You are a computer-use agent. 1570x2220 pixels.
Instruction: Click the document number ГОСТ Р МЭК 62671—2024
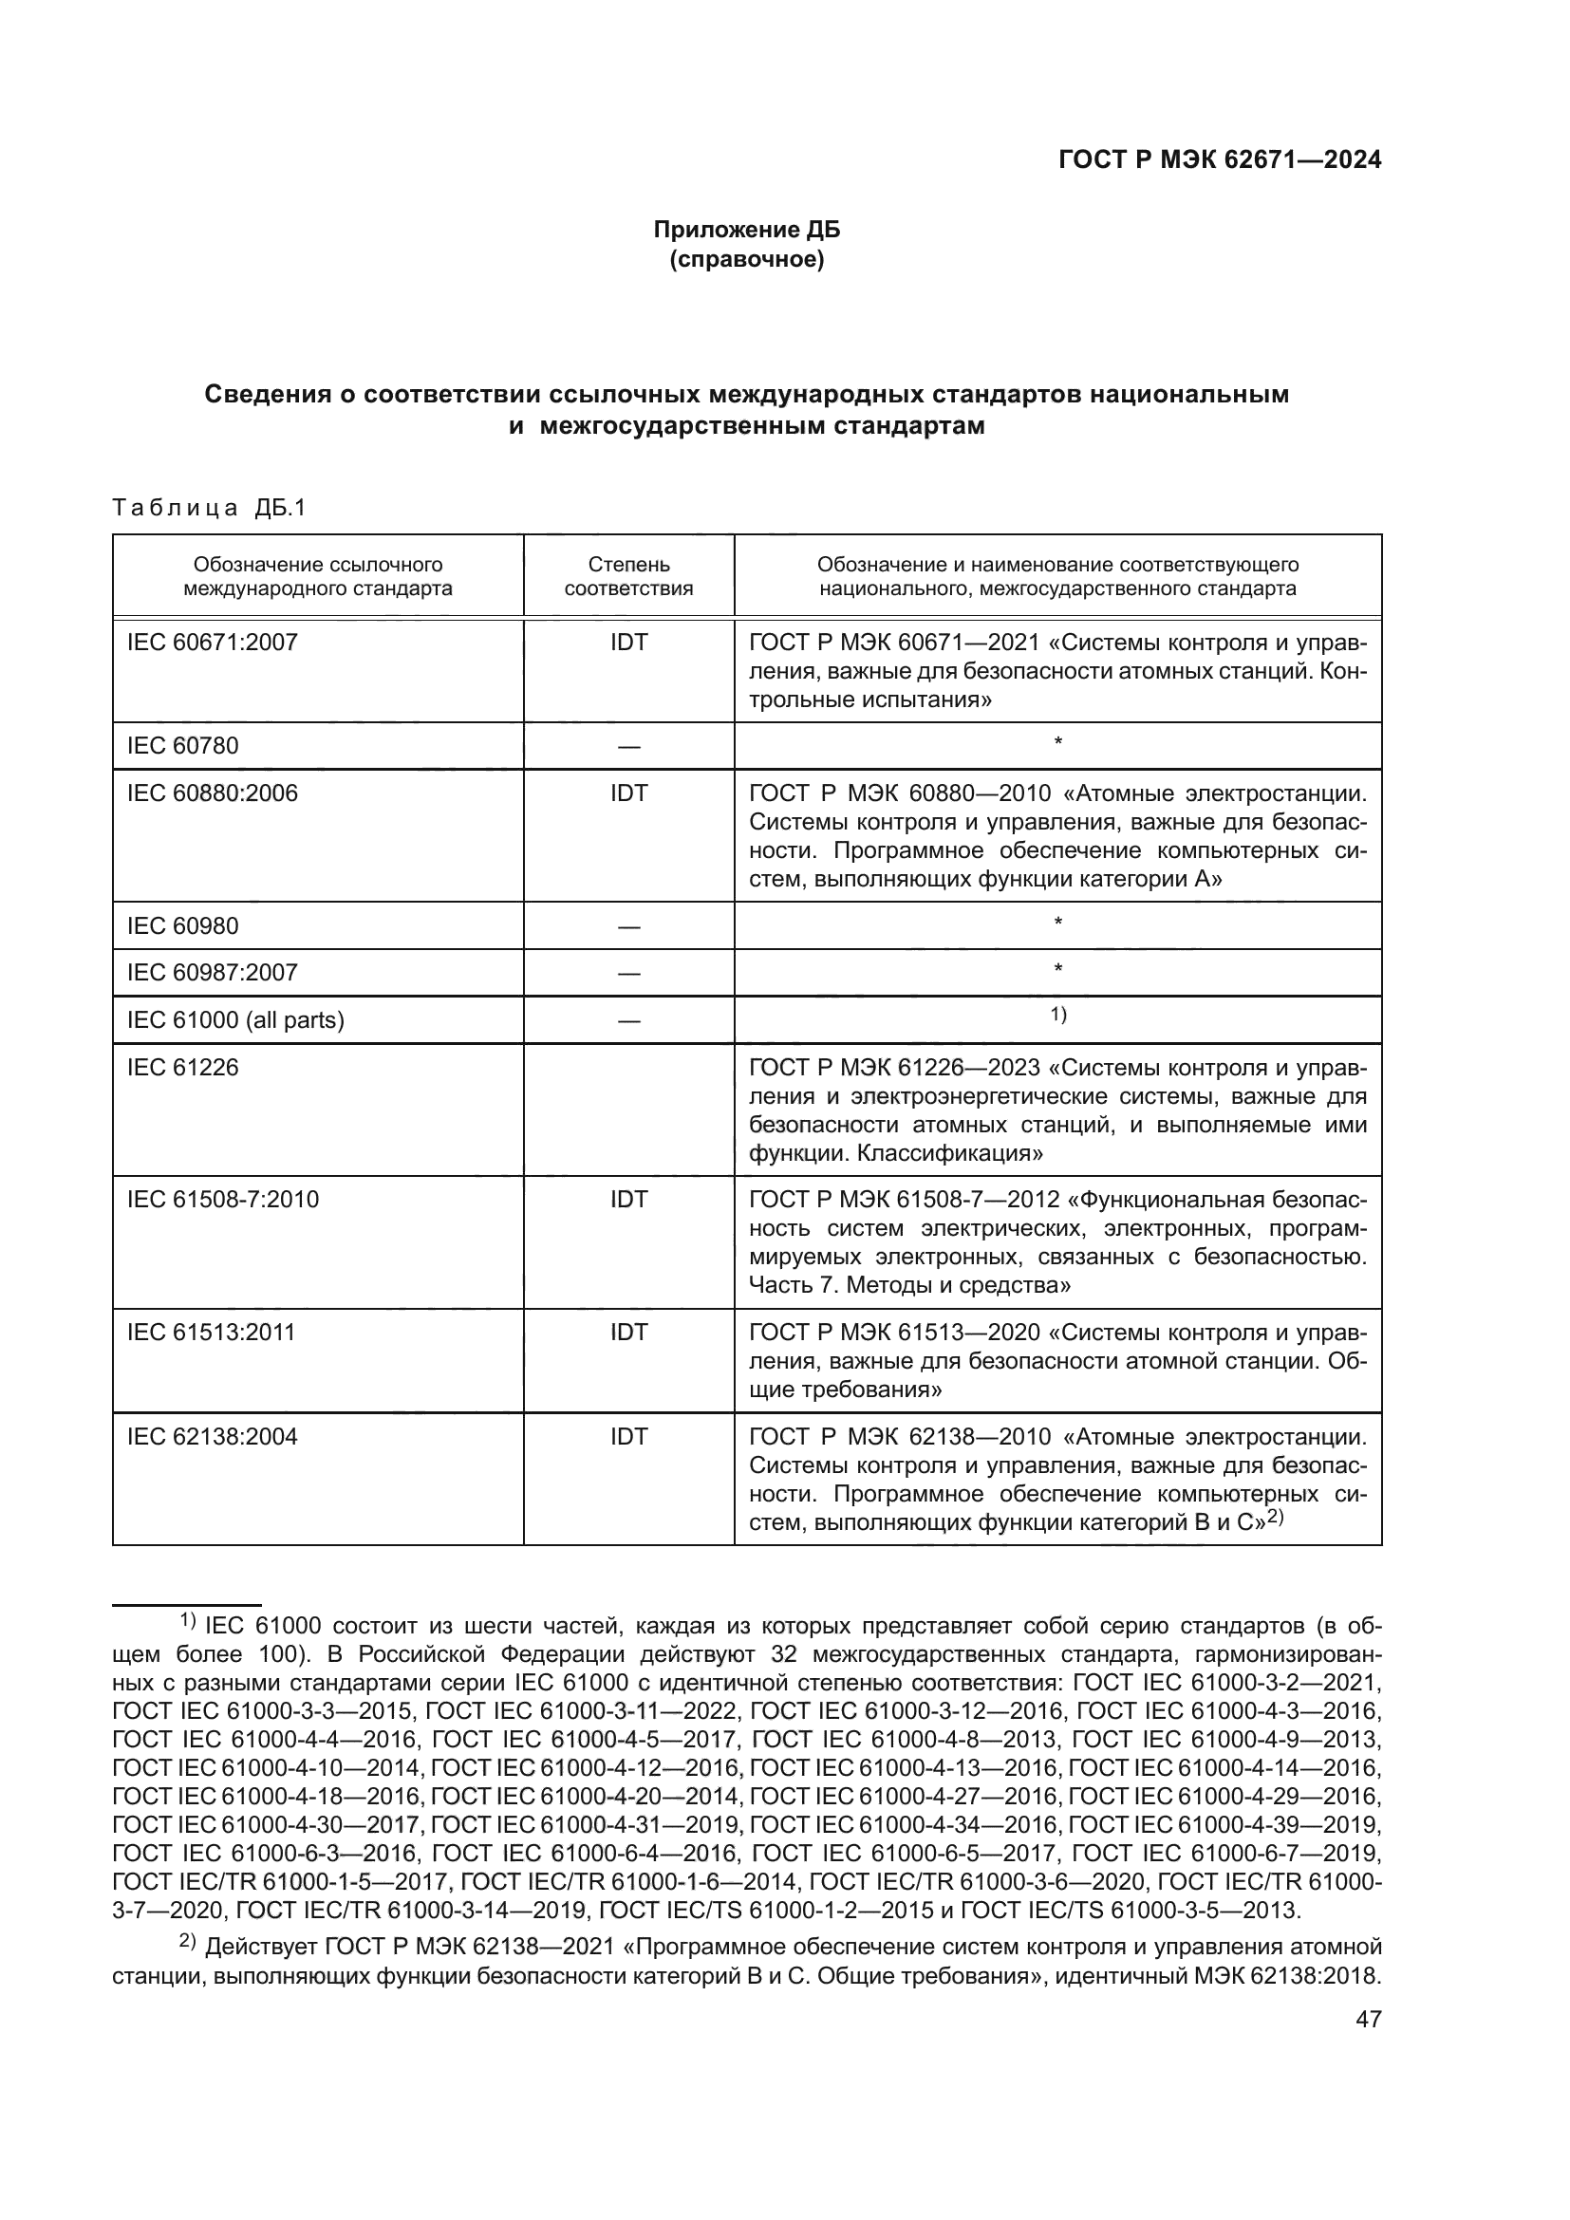[x=1219, y=160]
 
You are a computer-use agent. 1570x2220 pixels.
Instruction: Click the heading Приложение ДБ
[x=746, y=230]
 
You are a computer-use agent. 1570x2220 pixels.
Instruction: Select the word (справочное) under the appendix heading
[x=746, y=260]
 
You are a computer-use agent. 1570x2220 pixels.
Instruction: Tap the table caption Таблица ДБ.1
[x=209, y=508]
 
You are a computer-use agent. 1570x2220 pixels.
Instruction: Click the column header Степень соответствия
[x=628, y=576]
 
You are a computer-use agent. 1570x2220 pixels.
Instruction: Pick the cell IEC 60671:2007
[x=213, y=642]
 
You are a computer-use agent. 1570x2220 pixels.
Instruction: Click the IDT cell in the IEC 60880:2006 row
[x=628, y=793]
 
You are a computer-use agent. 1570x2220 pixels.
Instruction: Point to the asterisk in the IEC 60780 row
[x=1057, y=742]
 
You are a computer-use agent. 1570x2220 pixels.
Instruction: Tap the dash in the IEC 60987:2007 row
[x=628, y=974]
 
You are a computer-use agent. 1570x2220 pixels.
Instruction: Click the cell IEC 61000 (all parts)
[x=236, y=1020]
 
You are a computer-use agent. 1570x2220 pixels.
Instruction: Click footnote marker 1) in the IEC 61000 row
[x=1057, y=1015]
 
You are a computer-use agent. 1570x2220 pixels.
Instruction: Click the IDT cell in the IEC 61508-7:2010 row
[x=628, y=1200]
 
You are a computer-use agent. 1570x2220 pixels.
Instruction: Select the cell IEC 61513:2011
[x=211, y=1333]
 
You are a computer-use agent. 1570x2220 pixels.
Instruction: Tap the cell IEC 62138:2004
[x=213, y=1437]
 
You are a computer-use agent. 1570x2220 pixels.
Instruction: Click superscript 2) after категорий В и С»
[x=1274, y=1518]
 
